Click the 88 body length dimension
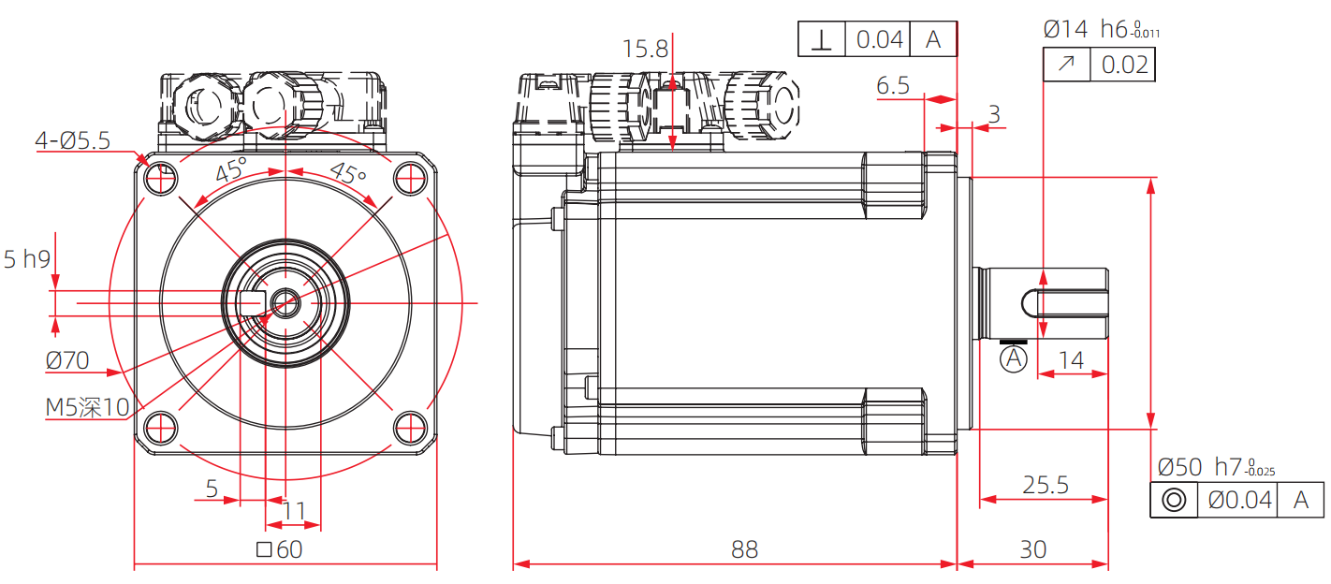[744, 549]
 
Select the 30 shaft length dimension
[1032, 549]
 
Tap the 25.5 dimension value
[1045, 485]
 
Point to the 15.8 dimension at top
[646, 49]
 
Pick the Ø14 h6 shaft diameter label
[1101, 30]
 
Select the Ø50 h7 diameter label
[1215, 467]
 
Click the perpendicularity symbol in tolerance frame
[822, 39]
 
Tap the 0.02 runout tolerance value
[1124, 65]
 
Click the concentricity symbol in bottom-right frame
[1174, 500]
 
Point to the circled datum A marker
[1014, 358]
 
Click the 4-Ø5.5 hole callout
[72, 140]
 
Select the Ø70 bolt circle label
[66, 359]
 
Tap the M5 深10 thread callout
[88, 407]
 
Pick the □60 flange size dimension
[279, 549]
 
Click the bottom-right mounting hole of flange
[409, 427]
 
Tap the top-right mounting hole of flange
[409, 177]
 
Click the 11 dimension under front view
[294, 511]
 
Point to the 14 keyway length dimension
[1071, 360]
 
